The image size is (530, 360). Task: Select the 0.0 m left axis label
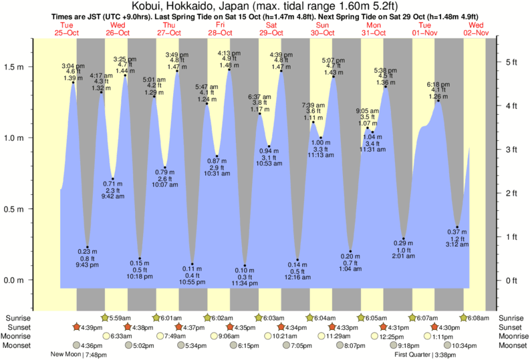pyautogui.click(x=14, y=280)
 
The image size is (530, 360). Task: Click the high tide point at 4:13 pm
pyautogui.click(x=229, y=69)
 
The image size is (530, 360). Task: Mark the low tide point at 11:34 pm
pyautogui.click(x=245, y=265)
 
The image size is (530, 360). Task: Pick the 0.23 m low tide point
pyautogui.click(x=87, y=247)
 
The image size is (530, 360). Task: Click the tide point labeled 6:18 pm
pyautogui.click(x=438, y=101)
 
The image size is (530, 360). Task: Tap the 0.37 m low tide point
pyautogui.click(x=457, y=227)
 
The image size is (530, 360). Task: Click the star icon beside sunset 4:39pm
pyautogui.click(x=77, y=327)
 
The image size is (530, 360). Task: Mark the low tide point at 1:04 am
pyautogui.click(x=350, y=251)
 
